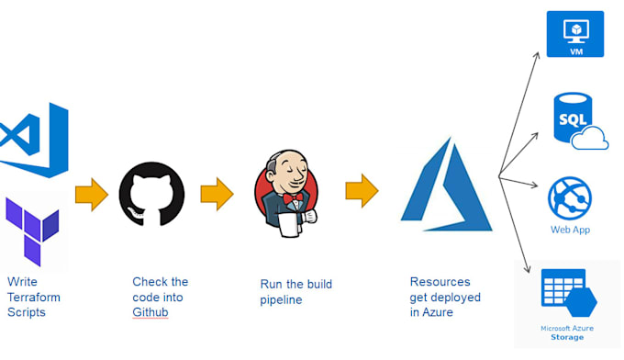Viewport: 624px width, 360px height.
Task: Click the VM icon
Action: click(x=575, y=34)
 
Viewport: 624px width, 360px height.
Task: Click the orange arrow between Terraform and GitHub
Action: click(x=92, y=195)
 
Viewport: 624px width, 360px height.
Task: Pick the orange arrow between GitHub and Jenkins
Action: click(x=217, y=195)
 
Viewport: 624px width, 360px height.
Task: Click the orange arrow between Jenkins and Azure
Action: click(x=362, y=191)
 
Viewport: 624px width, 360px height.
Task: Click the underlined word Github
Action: click(x=151, y=312)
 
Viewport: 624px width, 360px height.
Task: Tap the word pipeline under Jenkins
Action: click(x=281, y=299)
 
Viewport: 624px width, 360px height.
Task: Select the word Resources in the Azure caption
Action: click(x=439, y=282)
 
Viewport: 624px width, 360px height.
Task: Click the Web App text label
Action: click(x=570, y=230)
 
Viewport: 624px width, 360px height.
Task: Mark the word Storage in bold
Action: click(x=567, y=337)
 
